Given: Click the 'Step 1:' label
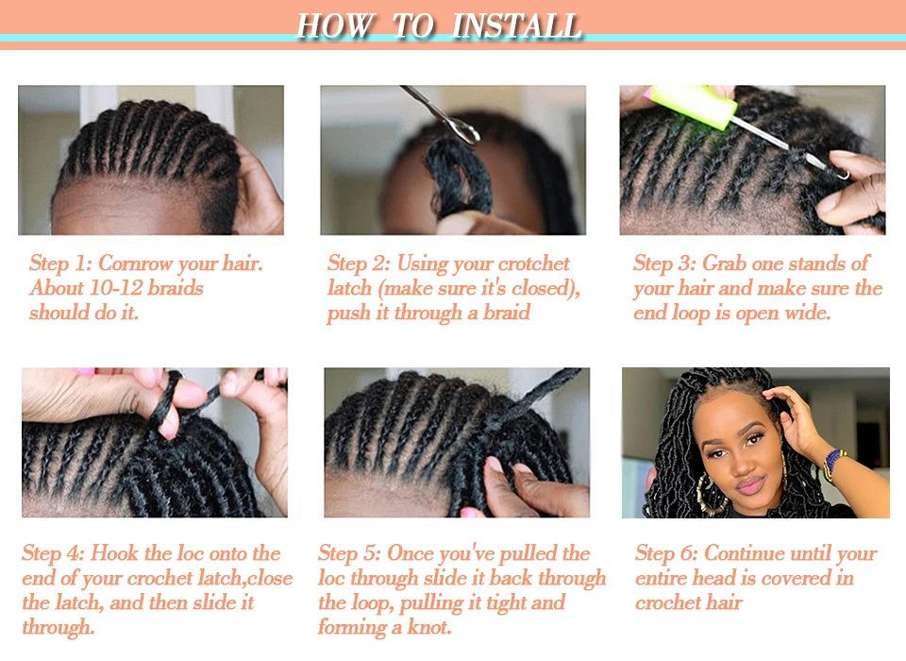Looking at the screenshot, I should pos(60,263).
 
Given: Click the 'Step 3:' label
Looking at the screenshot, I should pos(664,263).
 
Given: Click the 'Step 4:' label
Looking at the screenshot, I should pos(54,553).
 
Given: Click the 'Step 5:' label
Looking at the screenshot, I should pos(350,553).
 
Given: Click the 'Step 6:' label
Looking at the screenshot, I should pos(667,553).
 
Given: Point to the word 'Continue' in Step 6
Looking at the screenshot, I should pos(746,553).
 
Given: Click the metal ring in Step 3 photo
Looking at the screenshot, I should pos(840,172).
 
